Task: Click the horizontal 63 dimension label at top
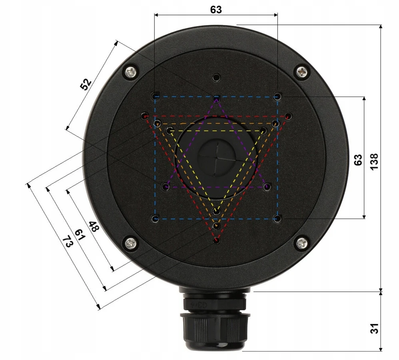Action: [216, 10]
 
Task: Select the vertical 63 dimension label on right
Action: [358, 160]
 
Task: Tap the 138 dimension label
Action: [374, 162]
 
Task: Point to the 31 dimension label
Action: [374, 328]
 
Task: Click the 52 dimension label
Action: [86, 84]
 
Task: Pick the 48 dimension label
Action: [94, 227]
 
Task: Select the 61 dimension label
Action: [80, 235]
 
